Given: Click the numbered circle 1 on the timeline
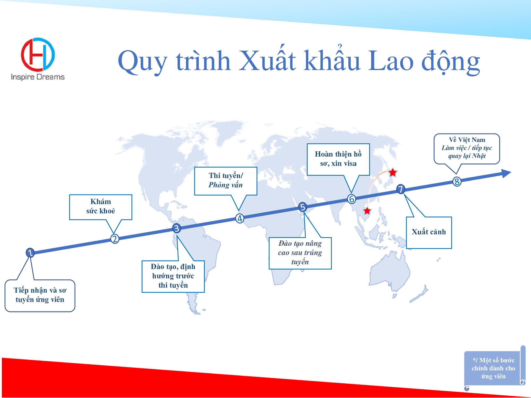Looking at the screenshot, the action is click(30, 253).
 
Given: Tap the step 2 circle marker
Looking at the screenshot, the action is click(115, 239).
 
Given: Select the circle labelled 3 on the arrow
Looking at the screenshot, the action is click(177, 228).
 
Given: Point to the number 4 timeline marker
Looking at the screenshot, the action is click(240, 218).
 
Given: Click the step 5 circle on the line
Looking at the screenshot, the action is click(302, 207).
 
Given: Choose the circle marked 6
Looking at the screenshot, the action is click(352, 199).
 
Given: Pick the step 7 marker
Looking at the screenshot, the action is click(401, 189).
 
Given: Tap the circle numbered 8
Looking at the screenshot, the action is click(457, 182).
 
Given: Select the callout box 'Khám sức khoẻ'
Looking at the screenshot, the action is click(101, 207).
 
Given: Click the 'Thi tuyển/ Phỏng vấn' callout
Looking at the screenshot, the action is click(226, 181).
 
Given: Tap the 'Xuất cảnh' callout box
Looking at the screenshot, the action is click(429, 232).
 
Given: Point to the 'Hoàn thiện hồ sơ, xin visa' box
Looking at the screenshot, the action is click(338, 159).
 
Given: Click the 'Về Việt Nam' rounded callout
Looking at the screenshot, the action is click(467, 149).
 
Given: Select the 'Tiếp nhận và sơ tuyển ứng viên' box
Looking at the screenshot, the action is click(40, 296).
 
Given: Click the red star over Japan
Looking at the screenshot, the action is click(393, 173).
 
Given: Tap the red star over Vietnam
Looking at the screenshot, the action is click(367, 211).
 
